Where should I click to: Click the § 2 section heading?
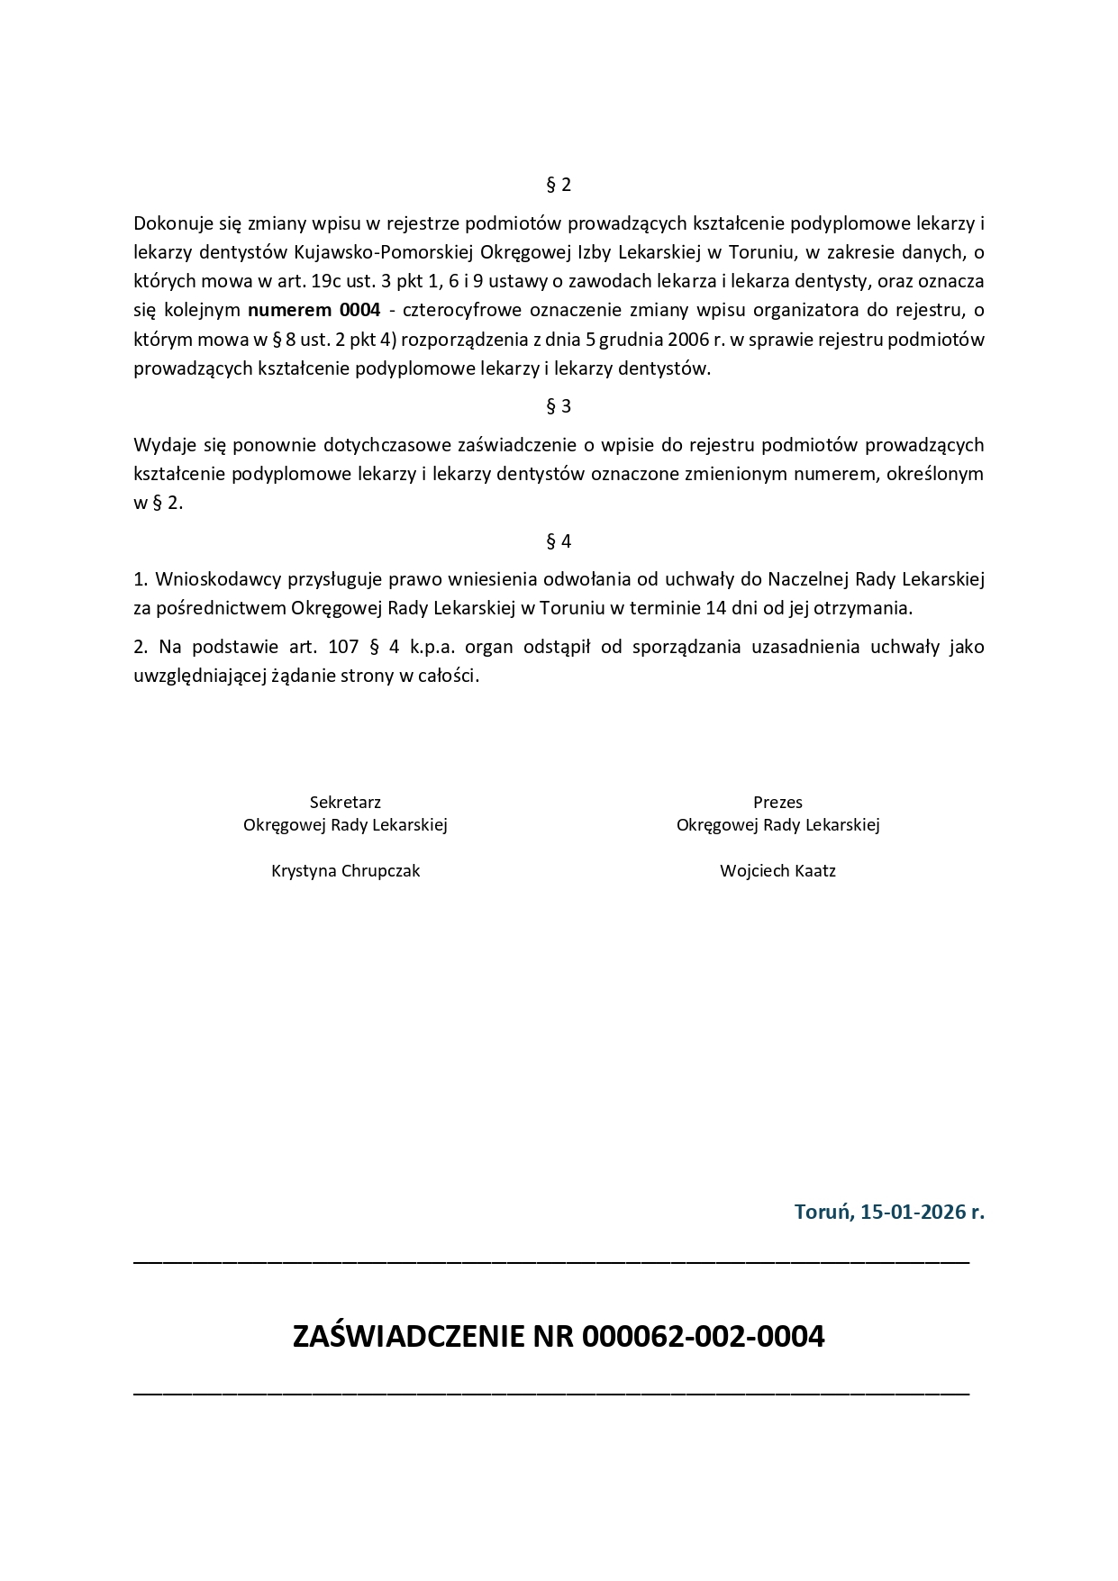click(559, 185)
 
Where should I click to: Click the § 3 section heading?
click(559, 406)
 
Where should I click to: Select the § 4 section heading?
click(559, 541)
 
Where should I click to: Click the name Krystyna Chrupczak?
click(345, 871)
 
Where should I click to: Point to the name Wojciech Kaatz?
click(777, 871)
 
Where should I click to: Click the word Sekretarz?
click(345, 802)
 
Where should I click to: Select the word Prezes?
click(777, 802)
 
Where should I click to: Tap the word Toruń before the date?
click(823, 1212)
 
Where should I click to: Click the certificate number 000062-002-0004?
click(703, 1336)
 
